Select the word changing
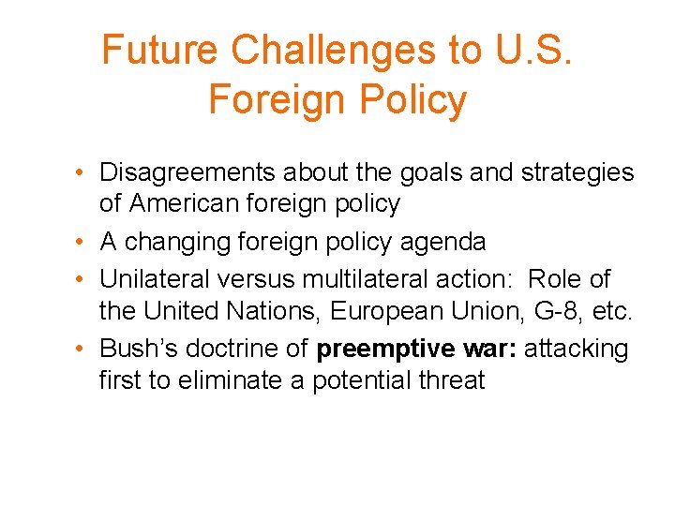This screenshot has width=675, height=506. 182,243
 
